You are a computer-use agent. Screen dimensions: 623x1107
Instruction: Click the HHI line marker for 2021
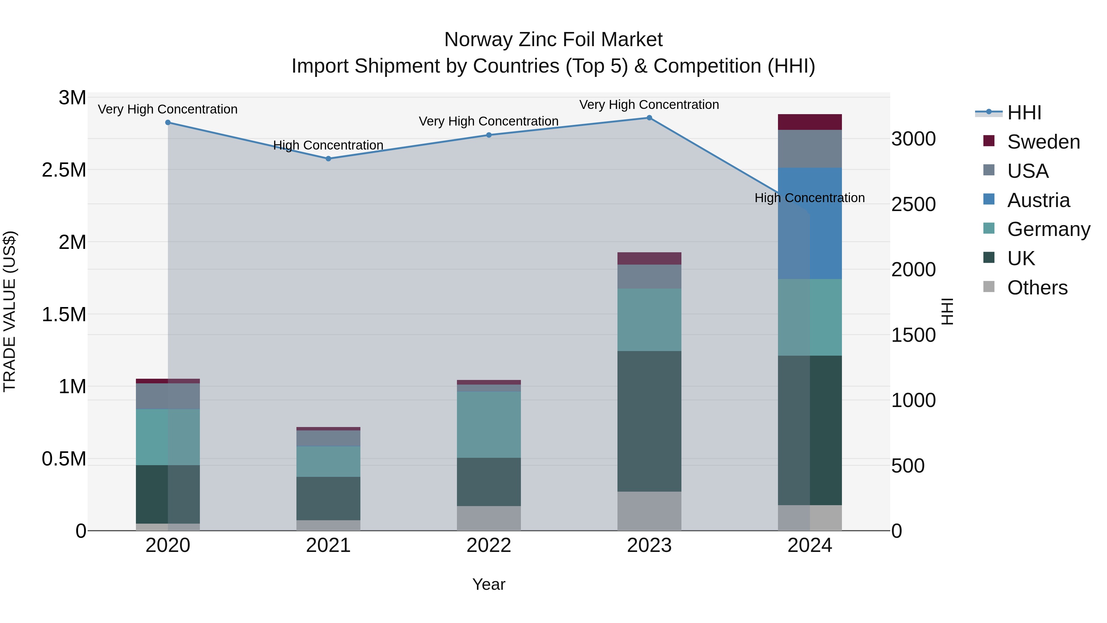click(328, 159)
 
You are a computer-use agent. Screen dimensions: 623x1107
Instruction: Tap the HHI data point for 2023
click(649, 118)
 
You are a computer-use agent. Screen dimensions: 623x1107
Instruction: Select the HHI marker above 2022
click(489, 135)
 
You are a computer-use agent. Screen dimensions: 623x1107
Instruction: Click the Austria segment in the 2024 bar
click(810, 224)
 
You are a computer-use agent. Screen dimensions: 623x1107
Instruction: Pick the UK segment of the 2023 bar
click(649, 421)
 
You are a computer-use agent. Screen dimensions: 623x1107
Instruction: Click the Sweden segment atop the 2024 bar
click(810, 122)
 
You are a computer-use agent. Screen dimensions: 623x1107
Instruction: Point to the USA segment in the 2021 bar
click(328, 438)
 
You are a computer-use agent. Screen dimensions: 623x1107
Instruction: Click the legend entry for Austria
click(1038, 200)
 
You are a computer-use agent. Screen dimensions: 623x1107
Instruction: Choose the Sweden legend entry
click(1043, 142)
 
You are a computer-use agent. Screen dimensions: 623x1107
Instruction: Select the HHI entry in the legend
click(1024, 113)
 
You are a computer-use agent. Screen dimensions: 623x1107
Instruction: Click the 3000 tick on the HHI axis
click(914, 139)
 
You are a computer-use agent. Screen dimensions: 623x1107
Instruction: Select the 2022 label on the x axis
click(489, 545)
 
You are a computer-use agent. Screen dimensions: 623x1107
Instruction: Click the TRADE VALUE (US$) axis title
click(10, 311)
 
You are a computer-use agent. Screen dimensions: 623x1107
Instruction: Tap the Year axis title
click(489, 584)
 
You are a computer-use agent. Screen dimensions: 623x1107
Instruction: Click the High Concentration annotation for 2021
click(328, 145)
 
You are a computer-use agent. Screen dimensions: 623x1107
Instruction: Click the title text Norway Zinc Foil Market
click(553, 40)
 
